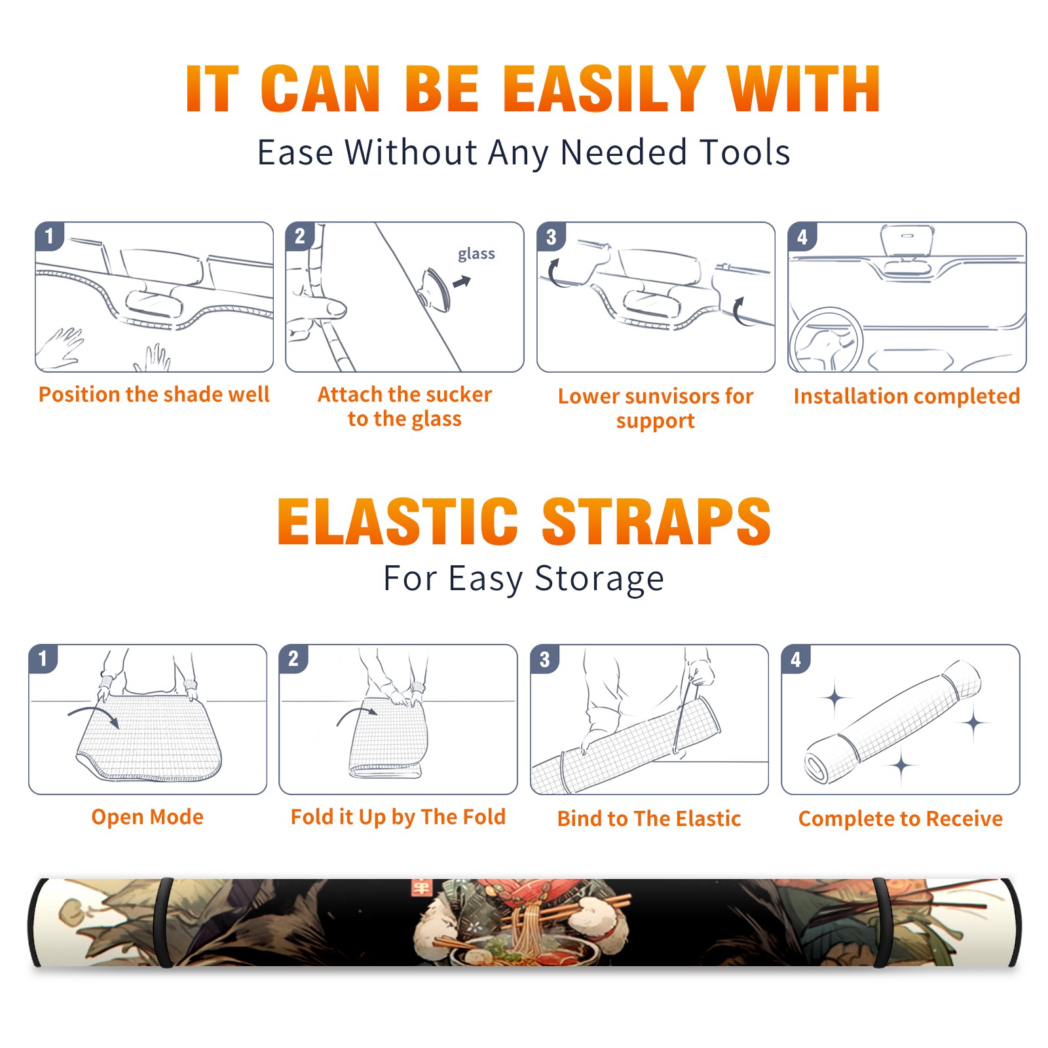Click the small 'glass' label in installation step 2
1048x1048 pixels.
(x=476, y=253)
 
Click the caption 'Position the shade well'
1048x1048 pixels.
(x=154, y=394)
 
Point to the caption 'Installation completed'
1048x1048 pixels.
(x=907, y=396)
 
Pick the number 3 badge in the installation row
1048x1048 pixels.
(x=551, y=236)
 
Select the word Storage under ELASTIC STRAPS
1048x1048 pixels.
(x=599, y=579)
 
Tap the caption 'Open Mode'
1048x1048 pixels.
(x=147, y=817)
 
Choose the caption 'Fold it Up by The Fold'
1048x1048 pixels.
(x=398, y=817)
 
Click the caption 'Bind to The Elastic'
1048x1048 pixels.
(x=649, y=819)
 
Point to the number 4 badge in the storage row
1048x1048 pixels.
(x=796, y=659)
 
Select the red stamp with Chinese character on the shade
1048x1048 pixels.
(x=421, y=888)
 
